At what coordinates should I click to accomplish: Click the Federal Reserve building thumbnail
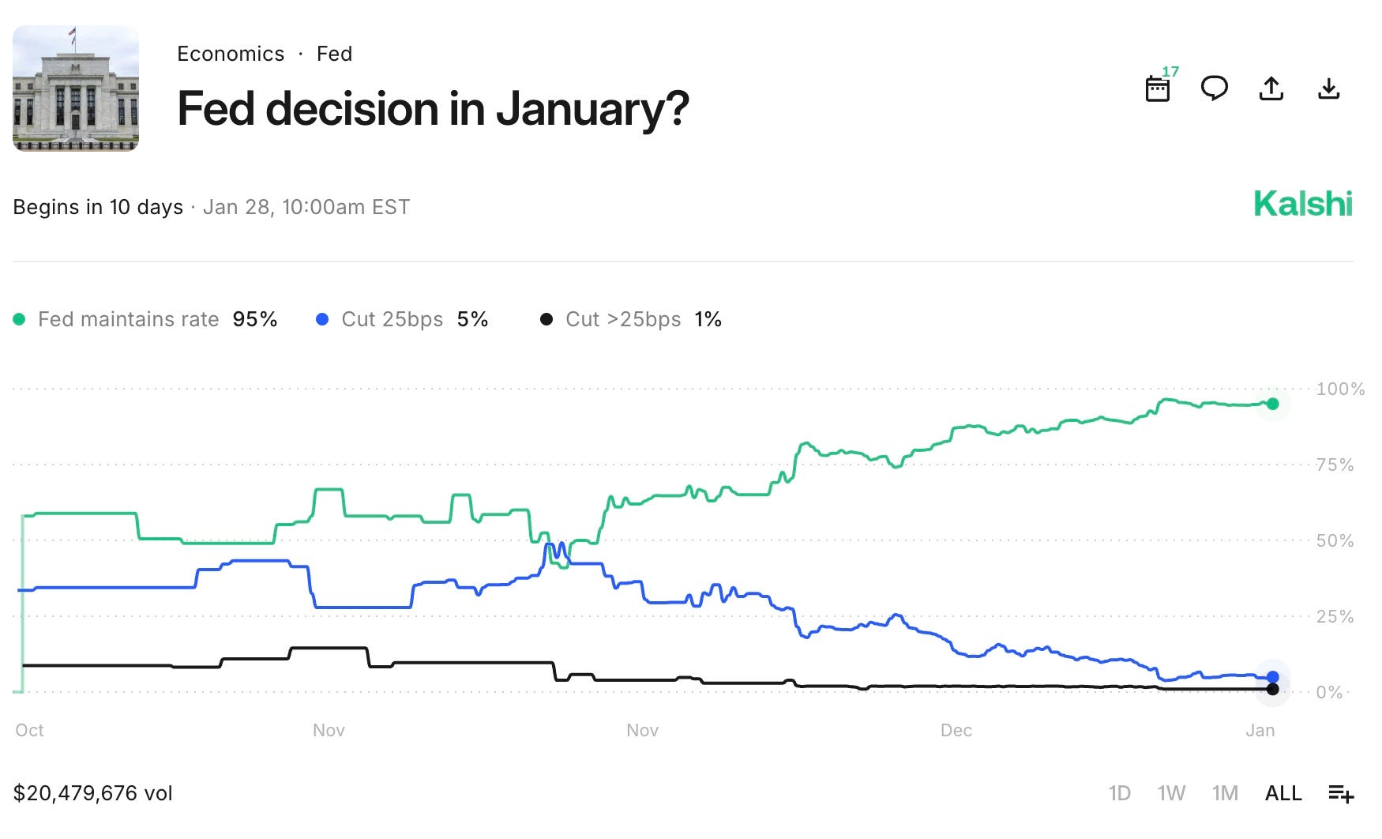point(76,88)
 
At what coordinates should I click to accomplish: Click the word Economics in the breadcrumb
point(231,54)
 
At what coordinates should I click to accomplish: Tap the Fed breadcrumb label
point(334,54)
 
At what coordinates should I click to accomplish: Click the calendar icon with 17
point(1159,86)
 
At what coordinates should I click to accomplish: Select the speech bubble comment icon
point(1215,88)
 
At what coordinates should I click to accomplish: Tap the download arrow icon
point(1329,88)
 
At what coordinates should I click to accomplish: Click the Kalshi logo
point(1303,204)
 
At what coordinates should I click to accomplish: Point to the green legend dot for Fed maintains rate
point(20,319)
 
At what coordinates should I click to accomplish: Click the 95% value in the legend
point(255,319)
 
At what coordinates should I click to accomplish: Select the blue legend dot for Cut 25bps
point(322,319)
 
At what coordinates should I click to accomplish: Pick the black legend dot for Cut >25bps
point(546,319)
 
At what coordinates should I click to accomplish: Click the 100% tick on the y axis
point(1340,389)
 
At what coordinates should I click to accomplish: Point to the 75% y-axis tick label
point(1335,465)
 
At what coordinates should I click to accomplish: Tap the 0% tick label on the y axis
point(1329,692)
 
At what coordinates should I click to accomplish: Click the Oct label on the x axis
point(30,730)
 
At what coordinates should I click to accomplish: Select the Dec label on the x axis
point(956,730)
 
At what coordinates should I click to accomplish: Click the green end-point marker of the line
point(1272,404)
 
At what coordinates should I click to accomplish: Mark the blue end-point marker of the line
point(1272,677)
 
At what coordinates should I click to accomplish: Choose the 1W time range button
point(1171,793)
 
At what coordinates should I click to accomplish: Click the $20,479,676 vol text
point(93,793)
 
